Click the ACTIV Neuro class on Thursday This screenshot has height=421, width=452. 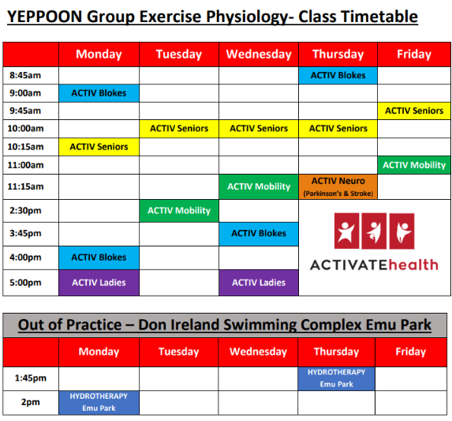338,186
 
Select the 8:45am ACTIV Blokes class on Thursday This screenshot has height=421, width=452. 338,76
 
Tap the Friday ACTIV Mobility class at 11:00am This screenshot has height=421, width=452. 414,165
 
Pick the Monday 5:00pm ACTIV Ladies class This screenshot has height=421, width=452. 99,283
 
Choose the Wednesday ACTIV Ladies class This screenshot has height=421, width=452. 259,283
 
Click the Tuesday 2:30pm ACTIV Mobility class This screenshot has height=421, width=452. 179,211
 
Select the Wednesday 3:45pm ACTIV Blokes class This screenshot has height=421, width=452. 259,234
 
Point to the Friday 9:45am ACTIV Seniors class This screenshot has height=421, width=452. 414,111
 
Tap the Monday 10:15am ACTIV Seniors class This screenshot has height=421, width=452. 99,147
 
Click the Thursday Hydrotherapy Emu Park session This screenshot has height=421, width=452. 336,378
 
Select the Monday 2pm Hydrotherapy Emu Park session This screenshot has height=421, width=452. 99,403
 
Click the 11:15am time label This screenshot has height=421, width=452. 26,186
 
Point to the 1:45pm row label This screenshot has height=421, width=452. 31,378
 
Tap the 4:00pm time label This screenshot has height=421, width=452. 25,257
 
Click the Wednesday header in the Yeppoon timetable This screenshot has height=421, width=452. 259,55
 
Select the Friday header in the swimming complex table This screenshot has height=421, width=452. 411,351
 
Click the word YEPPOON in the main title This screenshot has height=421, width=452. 45,17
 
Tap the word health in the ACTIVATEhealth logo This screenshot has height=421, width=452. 413,265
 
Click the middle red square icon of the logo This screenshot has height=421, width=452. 374,231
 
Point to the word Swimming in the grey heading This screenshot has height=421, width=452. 260,325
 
